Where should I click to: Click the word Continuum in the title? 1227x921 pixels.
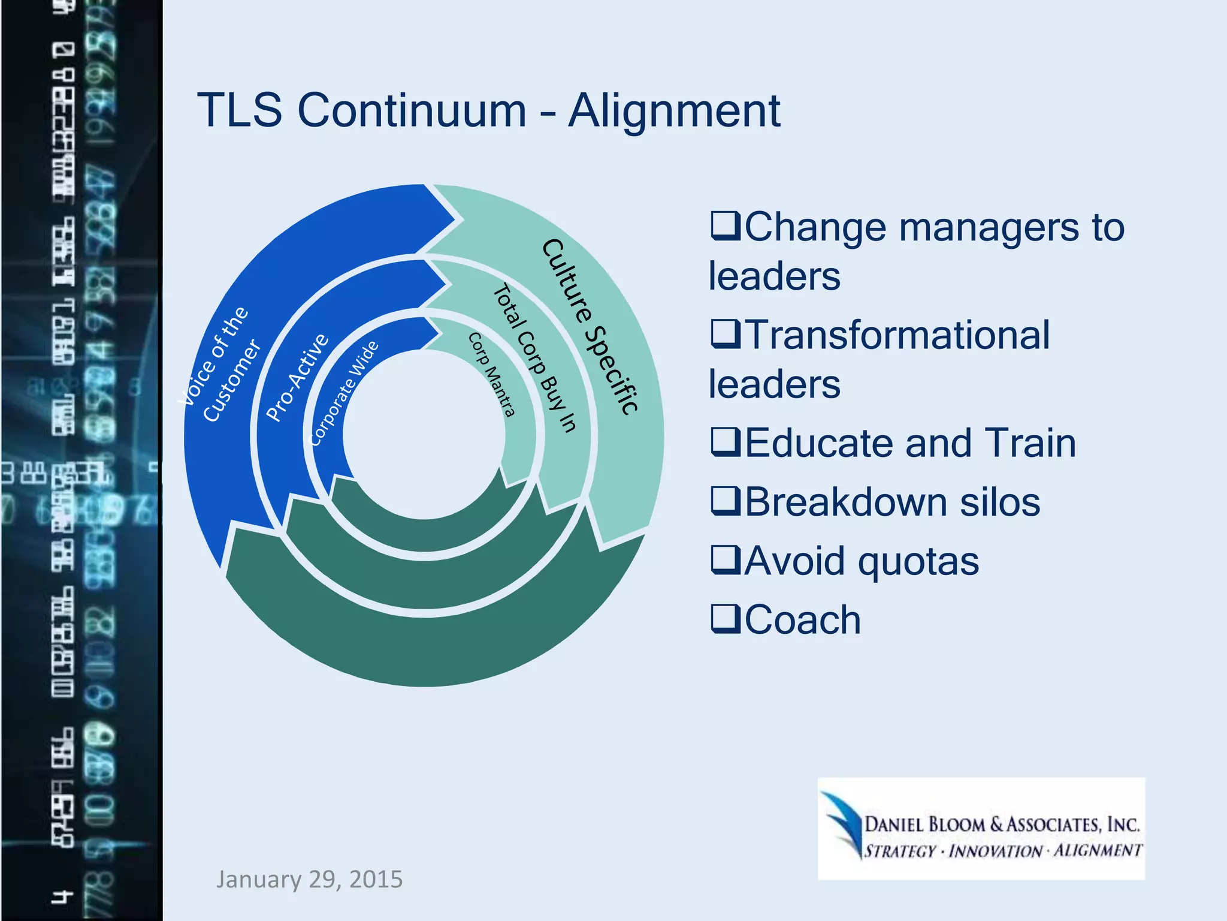[412, 112]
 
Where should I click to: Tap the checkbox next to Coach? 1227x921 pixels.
[726, 619]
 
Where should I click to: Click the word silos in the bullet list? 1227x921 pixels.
[1000, 502]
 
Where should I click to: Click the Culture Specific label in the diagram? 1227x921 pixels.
[590, 327]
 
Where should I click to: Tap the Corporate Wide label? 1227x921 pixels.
[344, 393]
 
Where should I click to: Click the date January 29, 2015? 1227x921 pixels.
[309, 880]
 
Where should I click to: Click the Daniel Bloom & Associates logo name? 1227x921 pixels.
[1001, 824]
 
